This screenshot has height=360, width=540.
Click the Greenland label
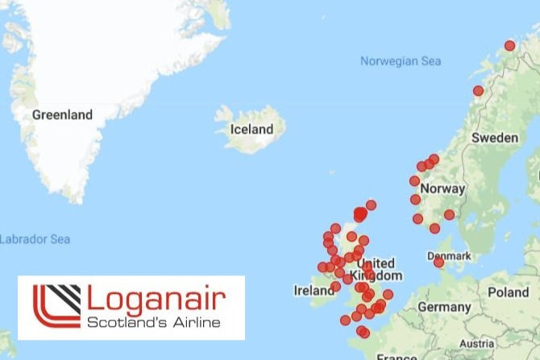(x=62, y=114)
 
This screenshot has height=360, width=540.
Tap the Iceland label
(x=251, y=129)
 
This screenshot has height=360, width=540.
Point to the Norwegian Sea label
(x=401, y=61)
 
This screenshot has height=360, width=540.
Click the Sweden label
(x=495, y=138)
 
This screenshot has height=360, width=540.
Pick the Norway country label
(x=442, y=188)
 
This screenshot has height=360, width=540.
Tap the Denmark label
(x=454, y=255)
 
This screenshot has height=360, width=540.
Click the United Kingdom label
(x=375, y=269)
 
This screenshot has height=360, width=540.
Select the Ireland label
(x=314, y=291)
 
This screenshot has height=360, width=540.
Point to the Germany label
(x=444, y=307)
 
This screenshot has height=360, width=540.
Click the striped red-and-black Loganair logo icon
(x=56, y=307)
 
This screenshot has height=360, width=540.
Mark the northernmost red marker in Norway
(x=509, y=46)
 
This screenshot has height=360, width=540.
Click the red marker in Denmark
(x=438, y=262)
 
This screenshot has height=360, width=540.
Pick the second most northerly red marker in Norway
(x=478, y=91)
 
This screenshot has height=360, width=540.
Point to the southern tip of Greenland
(x=74, y=199)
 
